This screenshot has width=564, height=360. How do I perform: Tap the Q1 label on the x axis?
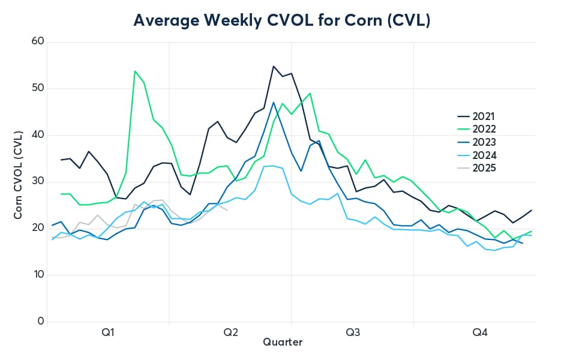point(109,332)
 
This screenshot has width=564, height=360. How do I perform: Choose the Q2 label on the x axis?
point(230,332)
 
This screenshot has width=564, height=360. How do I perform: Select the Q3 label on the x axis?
point(352,332)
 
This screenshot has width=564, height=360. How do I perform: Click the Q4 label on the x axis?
point(480,332)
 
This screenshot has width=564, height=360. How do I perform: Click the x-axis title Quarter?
point(283,343)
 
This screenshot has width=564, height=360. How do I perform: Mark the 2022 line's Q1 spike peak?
point(135,71)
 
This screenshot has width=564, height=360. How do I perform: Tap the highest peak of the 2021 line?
point(274,66)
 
